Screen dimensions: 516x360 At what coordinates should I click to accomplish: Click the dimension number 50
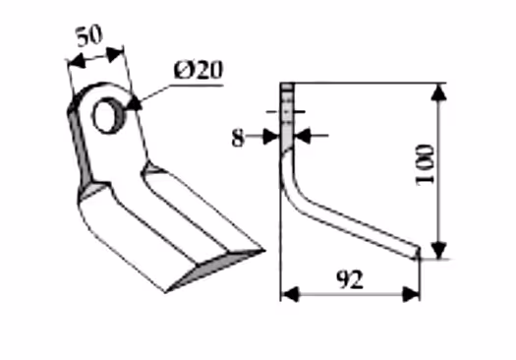[x=89, y=35]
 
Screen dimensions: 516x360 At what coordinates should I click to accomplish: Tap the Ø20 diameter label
[x=199, y=70]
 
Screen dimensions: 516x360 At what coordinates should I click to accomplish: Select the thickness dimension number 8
[x=238, y=138]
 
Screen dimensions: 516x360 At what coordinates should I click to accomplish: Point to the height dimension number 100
[x=425, y=164]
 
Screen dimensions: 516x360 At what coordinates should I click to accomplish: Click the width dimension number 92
[x=350, y=279]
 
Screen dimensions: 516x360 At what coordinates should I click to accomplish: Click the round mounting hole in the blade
[x=107, y=115]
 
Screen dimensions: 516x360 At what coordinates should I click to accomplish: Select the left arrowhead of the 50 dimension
[x=77, y=62]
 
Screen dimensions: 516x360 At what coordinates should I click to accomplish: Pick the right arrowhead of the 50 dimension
[x=115, y=54]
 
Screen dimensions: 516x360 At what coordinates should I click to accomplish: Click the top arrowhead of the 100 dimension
[x=438, y=91]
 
